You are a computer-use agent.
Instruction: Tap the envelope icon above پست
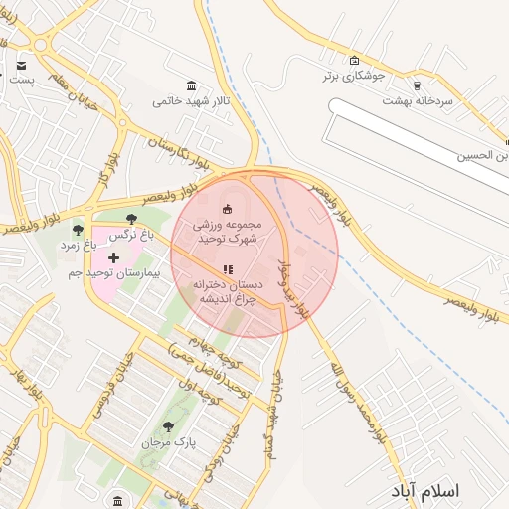coord(21,66)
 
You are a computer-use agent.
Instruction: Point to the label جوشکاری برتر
coord(352,76)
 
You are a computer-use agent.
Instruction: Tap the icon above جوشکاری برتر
coord(354,61)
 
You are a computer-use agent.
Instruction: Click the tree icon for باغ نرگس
coord(132,220)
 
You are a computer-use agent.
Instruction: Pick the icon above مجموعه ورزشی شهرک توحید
coord(227,208)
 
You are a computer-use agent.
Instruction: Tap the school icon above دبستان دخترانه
coord(226,268)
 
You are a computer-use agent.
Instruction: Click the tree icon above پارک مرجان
coord(167,425)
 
